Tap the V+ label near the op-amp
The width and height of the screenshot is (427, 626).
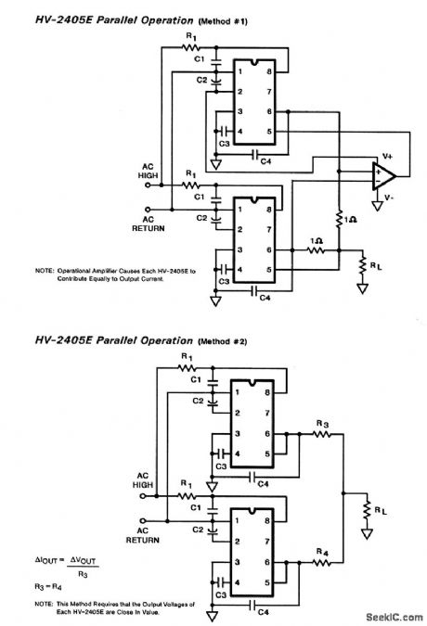(x=387, y=158)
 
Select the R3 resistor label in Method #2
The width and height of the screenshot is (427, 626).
(x=322, y=423)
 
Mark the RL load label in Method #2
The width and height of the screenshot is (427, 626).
(x=382, y=509)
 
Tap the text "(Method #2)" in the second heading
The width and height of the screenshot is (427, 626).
(x=225, y=341)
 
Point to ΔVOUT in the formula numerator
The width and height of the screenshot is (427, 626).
(x=85, y=560)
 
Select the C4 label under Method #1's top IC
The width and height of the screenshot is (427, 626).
(x=265, y=161)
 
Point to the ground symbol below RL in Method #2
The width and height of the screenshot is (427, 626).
(x=369, y=535)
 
